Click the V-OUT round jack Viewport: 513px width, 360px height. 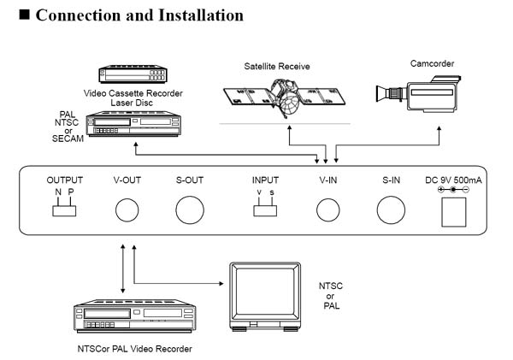128,210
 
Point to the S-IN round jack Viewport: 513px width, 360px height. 392,210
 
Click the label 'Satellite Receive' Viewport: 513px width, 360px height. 277,65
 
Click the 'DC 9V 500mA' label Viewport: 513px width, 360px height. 452,180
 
